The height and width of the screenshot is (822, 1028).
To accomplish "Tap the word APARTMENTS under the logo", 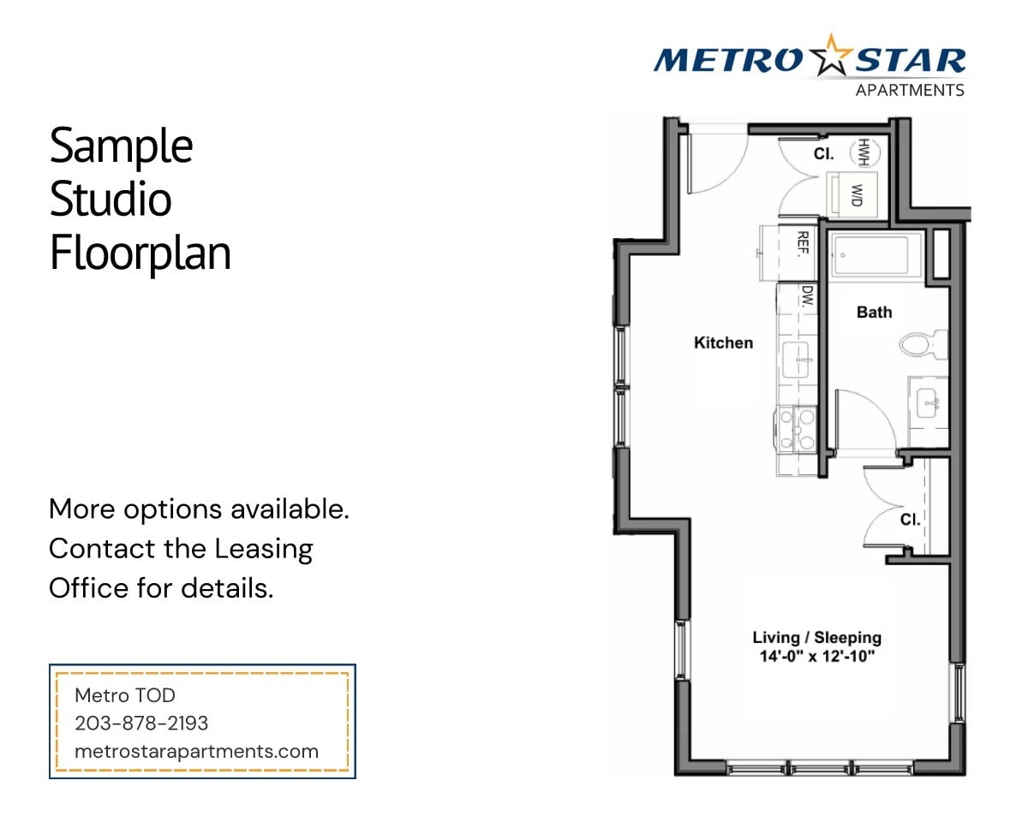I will pyautogui.click(x=910, y=90).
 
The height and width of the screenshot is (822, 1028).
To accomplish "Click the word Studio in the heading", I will pyautogui.click(x=111, y=200).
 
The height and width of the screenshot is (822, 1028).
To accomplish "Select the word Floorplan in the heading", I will pyautogui.click(x=140, y=253).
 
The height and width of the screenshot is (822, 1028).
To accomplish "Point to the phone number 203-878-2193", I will pyautogui.click(x=141, y=724).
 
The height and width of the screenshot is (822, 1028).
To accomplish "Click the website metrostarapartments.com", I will pyautogui.click(x=196, y=752).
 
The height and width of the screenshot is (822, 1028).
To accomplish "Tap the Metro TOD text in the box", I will pyautogui.click(x=125, y=695).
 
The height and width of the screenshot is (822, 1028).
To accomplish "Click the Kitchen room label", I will pyautogui.click(x=723, y=342).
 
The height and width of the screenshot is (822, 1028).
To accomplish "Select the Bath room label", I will pyautogui.click(x=874, y=313).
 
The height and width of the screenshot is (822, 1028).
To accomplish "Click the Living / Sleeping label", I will pyautogui.click(x=816, y=637).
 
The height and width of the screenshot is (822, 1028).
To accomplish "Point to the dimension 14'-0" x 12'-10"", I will pyautogui.click(x=816, y=658).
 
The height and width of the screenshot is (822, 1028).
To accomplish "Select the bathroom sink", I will pyautogui.click(x=928, y=401).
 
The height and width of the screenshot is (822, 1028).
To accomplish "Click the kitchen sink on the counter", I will pyautogui.click(x=797, y=361).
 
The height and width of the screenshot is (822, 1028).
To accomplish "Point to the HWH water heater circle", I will pyautogui.click(x=863, y=152).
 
